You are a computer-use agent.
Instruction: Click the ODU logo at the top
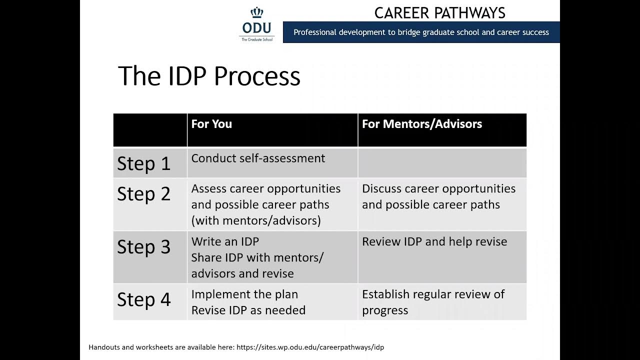(x=257, y=24)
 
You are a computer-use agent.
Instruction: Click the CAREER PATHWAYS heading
(x=439, y=12)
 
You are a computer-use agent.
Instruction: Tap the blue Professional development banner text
(x=421, y=32)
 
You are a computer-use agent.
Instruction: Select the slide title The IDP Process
(x=209, y=76)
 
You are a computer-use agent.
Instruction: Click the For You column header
(x=211, y=124)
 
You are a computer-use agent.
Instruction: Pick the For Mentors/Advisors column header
(x=421, y=124)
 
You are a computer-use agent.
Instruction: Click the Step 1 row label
(x=144, y=163)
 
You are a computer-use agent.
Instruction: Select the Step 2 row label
(x=144, y=194)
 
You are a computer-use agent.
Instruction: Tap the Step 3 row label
(x=144, y=247)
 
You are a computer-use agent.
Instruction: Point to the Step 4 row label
(x=144, y=299)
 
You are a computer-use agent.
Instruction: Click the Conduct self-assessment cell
(x=258, y=158)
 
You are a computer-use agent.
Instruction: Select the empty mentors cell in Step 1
(x=442, y=163)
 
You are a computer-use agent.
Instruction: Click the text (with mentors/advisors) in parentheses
(x=255, y=220)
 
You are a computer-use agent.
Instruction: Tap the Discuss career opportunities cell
(x=438, y=196)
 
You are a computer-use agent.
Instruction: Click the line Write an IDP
(x=225, y=241)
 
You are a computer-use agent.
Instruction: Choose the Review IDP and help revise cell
(x=434, y=241)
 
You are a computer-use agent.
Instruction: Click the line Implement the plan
(x=244, y=294)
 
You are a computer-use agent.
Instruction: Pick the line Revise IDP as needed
(x=248, y=310)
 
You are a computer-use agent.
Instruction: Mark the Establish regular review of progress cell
(x=433, y=302)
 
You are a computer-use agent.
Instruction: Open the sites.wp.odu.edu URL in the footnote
(x=310, y=347)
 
